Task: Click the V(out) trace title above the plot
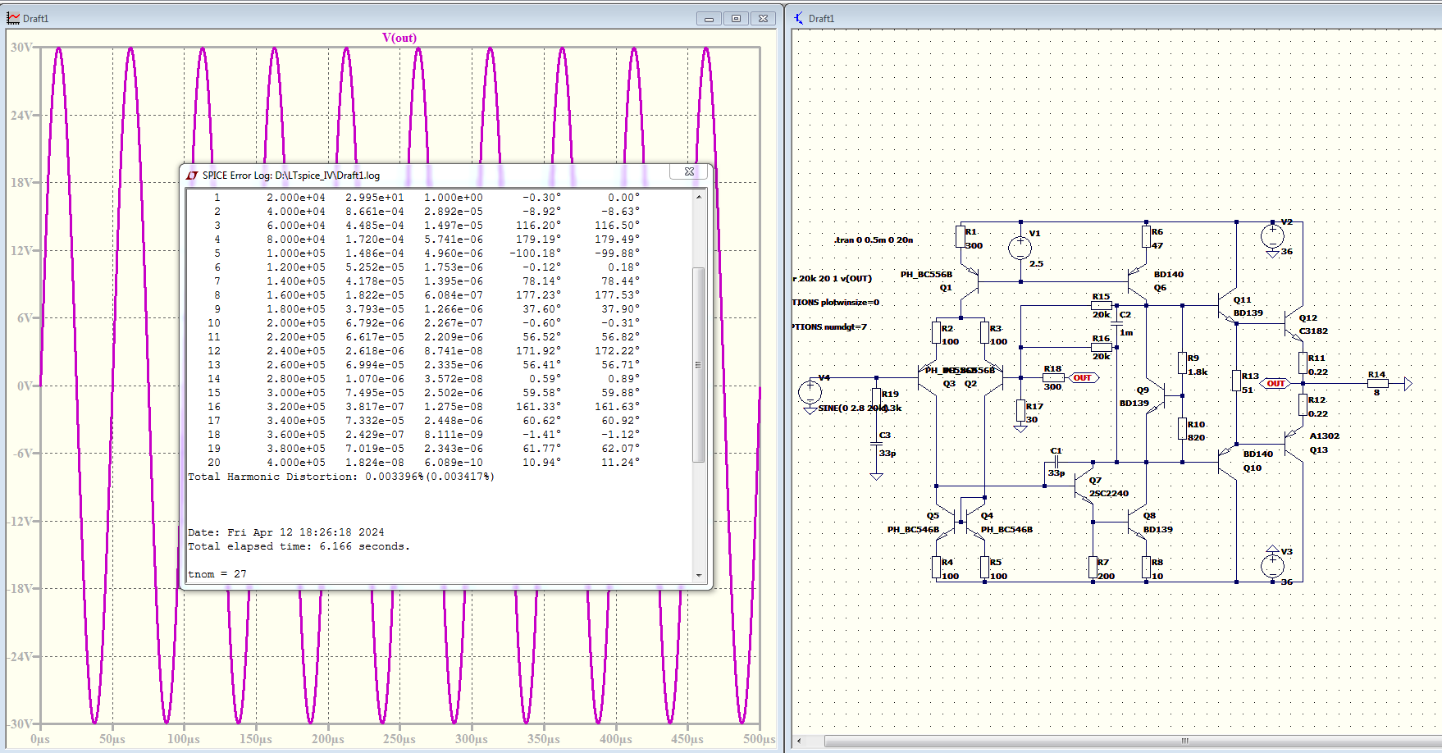coord(399,38)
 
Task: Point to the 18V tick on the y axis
coord(21,183)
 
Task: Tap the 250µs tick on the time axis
coord(399,739)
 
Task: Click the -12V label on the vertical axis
coord(20,522)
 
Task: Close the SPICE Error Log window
coord(689,172)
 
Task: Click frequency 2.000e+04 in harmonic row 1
coord(295,198)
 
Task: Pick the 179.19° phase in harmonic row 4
coord(541,240)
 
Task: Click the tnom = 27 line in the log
coord(217,574)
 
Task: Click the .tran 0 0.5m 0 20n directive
coord(874,240)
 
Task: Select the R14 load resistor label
coord(1376,375)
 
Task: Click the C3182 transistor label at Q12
coord(1313,331)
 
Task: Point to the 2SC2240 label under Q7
coord(1109,494)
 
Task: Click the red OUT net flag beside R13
coord(1275,384)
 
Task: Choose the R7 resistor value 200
coord(1107,577)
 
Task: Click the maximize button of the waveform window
coord(736,19)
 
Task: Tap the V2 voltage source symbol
coord(1272,237)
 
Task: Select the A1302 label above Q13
coord(1325,436)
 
